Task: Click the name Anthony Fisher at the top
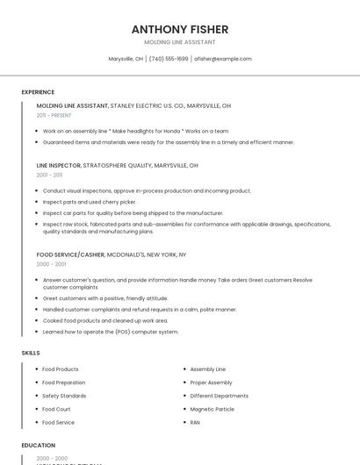[x=179, y=29]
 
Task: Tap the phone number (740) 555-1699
[x=169, y=59]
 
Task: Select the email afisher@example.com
[x=223, y=59]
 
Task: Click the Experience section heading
[x=38, y=92]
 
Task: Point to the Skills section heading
[x=31, y=353]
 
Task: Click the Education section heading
[x=38, y=445]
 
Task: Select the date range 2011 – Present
[x=54, y=115]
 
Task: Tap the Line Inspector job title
[x=59, y=165]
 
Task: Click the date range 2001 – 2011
[x=49, y=175]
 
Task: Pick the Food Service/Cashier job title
[x=70, y=254]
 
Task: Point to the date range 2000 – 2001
[x=51, y=264]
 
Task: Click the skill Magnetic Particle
[x=212, y=409]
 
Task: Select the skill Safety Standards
[x=64, y=396]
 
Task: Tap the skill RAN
[x=195, y=422]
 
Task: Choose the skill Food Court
[x=56, y=409]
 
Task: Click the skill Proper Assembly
[x=211, y=383]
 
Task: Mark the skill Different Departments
[x=219, y=396]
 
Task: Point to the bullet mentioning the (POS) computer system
[x=111, y=332]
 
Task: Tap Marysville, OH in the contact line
[x=126, y=59]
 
